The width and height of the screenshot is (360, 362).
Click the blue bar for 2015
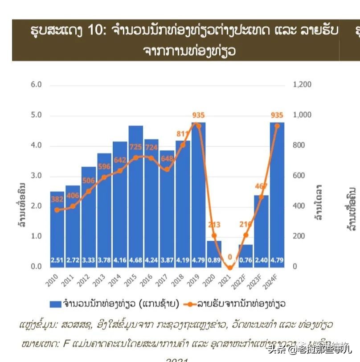point(135,196)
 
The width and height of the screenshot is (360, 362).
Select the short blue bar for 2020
point(214,254)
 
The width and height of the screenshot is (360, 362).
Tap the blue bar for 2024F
point(277,196)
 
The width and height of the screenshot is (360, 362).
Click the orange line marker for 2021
point(230,267)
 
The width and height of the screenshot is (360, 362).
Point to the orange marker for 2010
point(57,210)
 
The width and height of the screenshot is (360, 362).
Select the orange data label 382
point(57,199)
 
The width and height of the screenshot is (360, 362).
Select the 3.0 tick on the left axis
point(36,176)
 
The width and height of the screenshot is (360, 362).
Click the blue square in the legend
point(55,304)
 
